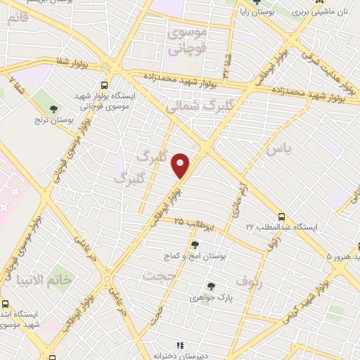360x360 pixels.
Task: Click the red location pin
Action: (x=181, y=165)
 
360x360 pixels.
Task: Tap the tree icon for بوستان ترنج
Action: (x=55, y=108)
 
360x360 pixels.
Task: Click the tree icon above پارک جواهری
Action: (x=211, y=285)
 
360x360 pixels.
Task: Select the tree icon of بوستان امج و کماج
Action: (x=176, y=244)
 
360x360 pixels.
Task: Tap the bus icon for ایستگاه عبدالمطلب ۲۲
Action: (x=282, y=217)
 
